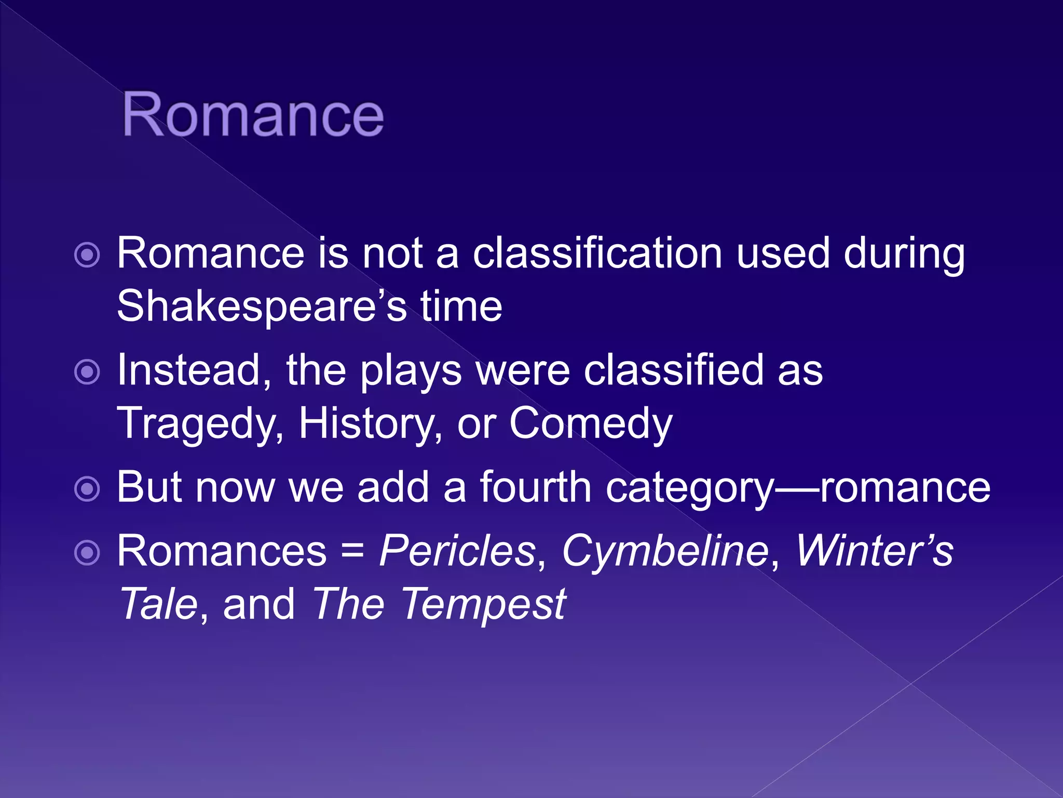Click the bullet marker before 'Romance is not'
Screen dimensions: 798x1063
point(87,255)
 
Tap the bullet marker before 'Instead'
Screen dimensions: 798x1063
point(87,372)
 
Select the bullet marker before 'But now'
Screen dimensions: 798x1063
point(87,489)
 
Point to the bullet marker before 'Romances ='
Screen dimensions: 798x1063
point(87,553)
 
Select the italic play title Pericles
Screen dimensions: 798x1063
point(457,551)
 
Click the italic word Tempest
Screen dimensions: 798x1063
point(483,605)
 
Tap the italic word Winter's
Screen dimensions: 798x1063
point(875,550)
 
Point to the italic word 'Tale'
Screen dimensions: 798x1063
point(158,604)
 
